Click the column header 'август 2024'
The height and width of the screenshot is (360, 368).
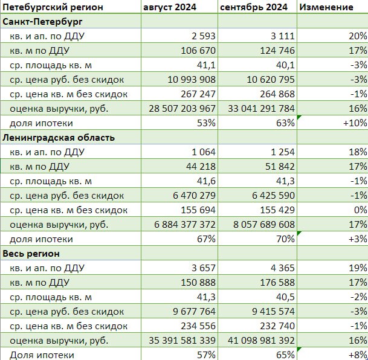169,7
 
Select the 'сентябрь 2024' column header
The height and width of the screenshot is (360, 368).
254,7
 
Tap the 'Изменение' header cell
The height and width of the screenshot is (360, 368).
326,7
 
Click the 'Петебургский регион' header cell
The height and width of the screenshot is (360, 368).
53,7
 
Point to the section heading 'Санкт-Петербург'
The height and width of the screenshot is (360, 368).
42,22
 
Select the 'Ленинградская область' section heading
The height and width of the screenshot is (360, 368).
59,138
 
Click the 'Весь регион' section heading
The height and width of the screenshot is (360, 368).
31,254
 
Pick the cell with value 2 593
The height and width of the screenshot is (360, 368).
203,36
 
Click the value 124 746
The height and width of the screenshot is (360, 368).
277,51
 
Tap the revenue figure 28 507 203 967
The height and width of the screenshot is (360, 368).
182,109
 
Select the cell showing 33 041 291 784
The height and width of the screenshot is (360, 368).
261,109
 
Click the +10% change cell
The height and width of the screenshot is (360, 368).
355,123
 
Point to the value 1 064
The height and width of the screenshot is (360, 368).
203,152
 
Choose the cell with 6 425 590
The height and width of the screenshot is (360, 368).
273,196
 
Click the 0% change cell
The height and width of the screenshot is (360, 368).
361,210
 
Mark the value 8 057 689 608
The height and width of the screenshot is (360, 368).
264,225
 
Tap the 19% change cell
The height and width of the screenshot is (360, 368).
358,268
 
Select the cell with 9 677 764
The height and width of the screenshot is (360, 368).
194,312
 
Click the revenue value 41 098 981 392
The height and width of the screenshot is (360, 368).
261,341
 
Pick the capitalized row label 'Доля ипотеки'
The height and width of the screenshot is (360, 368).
42,355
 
